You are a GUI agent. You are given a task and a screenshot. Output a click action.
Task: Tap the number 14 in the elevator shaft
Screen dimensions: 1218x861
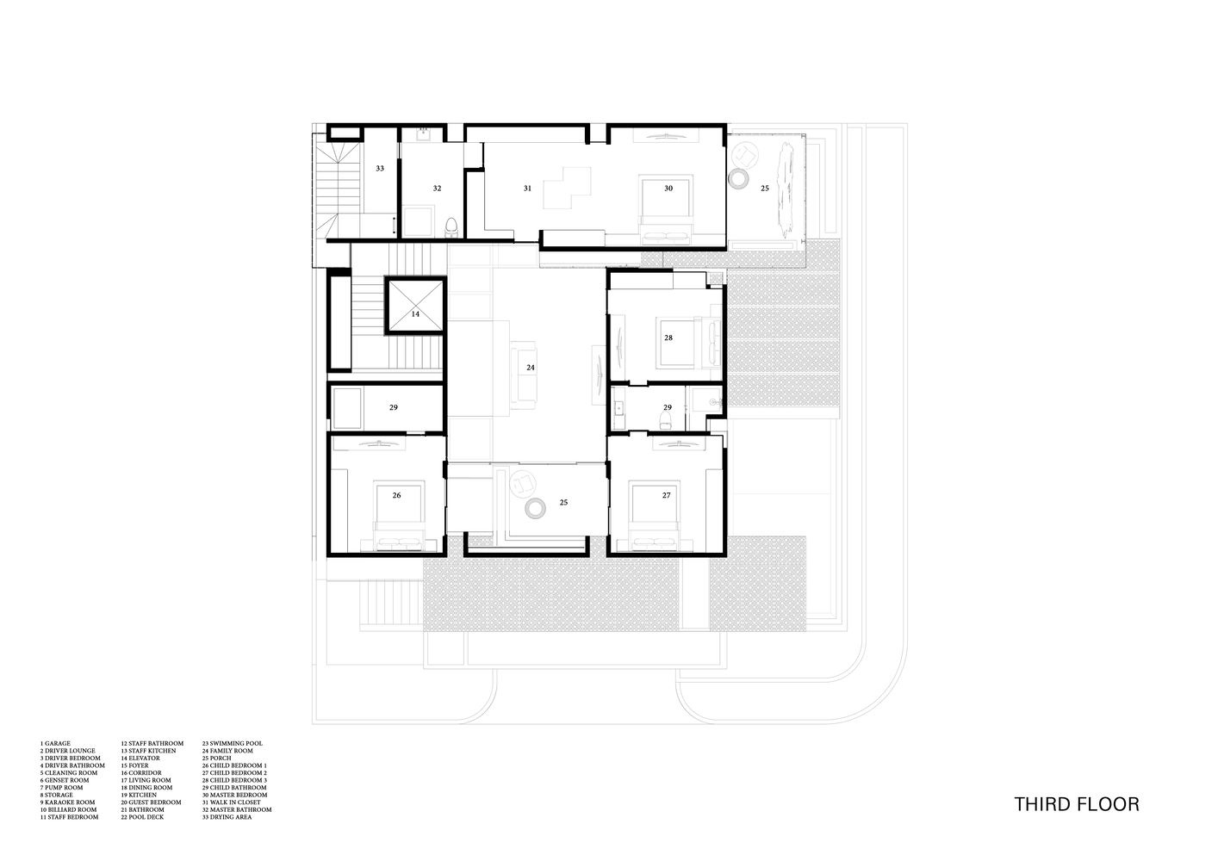click(x=415, y=314)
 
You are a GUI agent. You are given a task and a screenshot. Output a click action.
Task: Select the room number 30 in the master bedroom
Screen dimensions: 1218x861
click(x=668, y=188)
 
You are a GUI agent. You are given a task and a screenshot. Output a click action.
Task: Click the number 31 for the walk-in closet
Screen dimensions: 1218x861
click(x=527, y=188)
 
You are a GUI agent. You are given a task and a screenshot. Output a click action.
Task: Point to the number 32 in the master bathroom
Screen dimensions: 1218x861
click(x=438, y=188)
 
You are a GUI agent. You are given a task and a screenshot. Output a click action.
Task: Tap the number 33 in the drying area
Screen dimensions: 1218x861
click(x=380, y=169)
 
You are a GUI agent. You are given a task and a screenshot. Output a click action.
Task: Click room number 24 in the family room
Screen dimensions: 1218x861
click(x=531, y=368)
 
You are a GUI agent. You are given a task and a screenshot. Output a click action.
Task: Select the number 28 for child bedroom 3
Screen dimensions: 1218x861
click(x=668, y=338)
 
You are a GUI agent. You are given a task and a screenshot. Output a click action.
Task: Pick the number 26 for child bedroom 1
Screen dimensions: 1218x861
click(x=397, y=495)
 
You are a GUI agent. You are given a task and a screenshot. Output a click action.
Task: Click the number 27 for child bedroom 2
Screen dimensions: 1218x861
click(x=666, y=495)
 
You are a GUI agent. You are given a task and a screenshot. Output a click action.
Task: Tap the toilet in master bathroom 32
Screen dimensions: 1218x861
click(x=451, y=228)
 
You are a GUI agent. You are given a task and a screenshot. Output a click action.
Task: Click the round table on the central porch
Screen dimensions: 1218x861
click(x=535, y=509)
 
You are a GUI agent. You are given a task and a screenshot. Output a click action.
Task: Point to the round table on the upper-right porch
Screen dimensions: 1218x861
click(x=738, y=178)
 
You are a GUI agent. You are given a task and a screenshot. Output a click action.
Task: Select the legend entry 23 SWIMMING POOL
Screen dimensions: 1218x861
click(x=233, y=743)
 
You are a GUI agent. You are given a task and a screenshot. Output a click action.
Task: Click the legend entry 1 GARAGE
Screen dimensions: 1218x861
click(x=55, y=743)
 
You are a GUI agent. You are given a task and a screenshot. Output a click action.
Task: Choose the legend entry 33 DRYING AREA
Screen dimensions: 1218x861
click(x=227, y=817)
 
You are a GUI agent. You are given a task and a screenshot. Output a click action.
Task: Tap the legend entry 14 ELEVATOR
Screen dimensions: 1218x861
click(x=140, y=758)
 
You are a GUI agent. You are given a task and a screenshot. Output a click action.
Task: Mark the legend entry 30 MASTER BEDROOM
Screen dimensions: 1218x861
click(x=235, y=795)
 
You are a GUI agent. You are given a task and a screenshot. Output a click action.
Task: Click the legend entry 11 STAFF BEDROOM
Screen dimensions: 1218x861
click(x=69, y=817)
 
